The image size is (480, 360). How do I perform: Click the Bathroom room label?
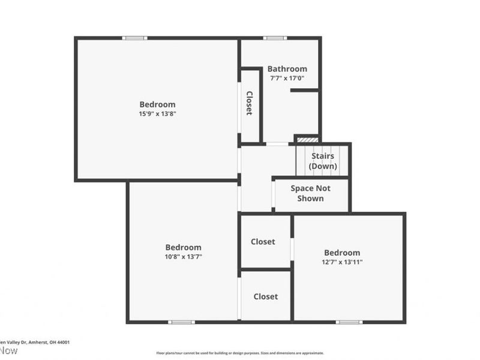[x=287, y=69]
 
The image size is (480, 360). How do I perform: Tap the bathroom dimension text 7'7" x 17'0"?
[x=287, y=78]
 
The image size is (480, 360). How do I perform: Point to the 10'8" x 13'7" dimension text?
[x=183, y=256]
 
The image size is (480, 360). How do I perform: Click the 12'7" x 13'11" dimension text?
[x=342, y=262]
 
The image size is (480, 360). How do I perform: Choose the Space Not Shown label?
[x=310, y=193]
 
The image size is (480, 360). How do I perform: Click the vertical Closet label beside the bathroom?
[x=249, y=103]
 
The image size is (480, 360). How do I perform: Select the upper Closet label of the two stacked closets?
[x=263, y=242]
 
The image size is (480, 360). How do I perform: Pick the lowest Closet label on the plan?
[x=265, y=296]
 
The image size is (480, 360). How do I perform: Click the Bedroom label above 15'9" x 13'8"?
[x=158, y=104]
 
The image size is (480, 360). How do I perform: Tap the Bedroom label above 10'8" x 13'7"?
[x=183, y=247]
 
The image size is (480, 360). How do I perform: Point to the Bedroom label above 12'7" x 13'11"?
[x=342, y=253]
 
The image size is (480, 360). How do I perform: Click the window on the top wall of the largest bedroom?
[x=134, y=38]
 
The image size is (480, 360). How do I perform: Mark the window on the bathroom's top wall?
[x=275, y=38]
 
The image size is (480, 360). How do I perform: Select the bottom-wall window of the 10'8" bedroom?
[x=181, y=322]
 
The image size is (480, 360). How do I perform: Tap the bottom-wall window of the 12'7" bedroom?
[x=349, y=322]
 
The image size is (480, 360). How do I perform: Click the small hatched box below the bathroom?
[x=307, y=140]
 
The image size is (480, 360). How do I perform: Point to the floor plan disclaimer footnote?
[x=240, y=353]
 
